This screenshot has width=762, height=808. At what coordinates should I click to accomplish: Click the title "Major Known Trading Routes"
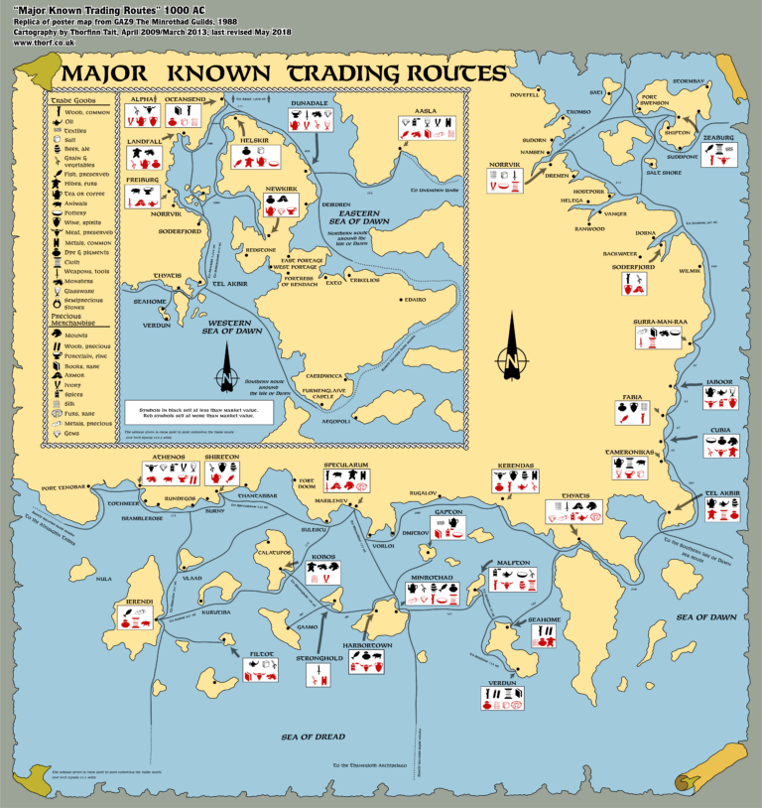[282, 73]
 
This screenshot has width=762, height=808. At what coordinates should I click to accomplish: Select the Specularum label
[346, 465]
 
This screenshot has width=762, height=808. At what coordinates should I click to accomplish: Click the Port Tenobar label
[64, 488]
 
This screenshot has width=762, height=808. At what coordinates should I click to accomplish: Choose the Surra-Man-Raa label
[660, 322]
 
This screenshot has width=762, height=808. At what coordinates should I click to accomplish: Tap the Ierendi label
[138, 603]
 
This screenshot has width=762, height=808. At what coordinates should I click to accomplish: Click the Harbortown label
[368, 645]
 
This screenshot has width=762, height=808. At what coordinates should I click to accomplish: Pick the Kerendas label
[516, 465]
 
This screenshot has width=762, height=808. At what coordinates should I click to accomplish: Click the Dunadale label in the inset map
[310, 102]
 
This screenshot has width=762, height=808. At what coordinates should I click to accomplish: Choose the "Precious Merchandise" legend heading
[74, 320]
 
